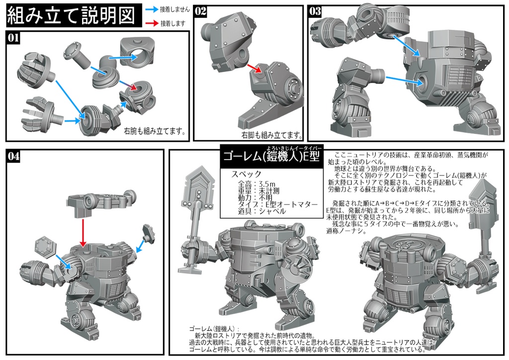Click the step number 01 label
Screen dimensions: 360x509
click(14, 38)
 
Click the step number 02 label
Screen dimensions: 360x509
click(200, 11)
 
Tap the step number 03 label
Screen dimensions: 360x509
click(315, 11)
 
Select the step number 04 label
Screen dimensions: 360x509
click(14, 156)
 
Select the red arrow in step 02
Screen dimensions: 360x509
click(254, 69)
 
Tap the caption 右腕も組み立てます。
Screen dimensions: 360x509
click(155, 132)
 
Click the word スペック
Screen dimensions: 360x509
click(247, 175)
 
